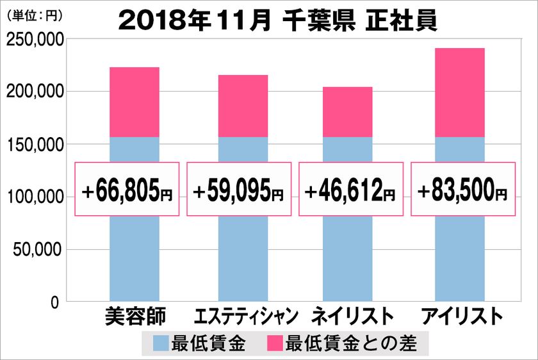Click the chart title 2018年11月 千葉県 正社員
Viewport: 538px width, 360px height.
[277, 20]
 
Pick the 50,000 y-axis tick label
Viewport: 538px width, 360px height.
[37, 249]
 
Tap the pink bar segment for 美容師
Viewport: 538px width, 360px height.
[134, 102]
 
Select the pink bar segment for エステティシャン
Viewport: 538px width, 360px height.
[243, 106]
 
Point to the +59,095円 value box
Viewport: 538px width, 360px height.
[239, 189]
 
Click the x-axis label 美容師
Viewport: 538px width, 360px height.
[134, 317]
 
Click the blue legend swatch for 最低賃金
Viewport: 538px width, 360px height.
[161, 344]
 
